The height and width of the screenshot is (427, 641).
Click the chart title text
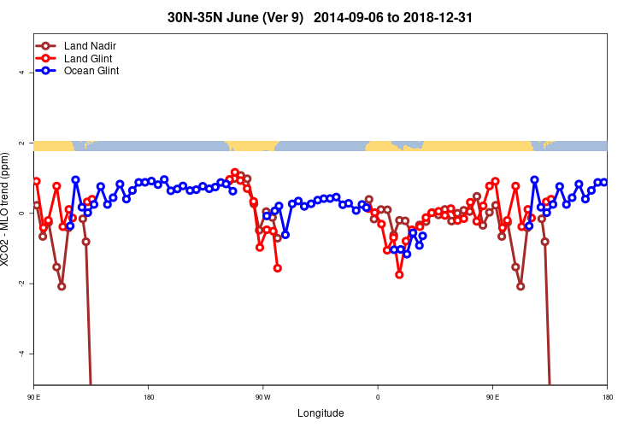pos(320,17)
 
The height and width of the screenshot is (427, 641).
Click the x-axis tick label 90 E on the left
pos(33,397)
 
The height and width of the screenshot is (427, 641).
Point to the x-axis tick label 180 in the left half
pos(149,397)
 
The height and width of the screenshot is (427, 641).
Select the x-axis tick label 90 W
pos(262,397)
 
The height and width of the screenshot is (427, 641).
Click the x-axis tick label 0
pos(378,397)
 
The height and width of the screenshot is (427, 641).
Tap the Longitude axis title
pos(320,413)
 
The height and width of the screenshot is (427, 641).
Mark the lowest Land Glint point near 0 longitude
pos(399,274)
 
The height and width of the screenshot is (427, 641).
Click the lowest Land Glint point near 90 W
pos(278,268)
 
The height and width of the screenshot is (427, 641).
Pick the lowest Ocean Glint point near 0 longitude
pos(407,254)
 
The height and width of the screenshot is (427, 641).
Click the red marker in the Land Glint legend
pos(47,58)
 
